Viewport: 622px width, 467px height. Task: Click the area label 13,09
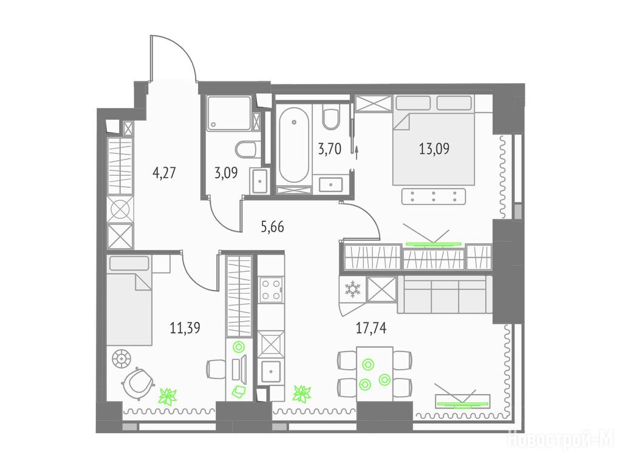434,150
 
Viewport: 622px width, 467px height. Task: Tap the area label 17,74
371,328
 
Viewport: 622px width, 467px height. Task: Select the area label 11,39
185,328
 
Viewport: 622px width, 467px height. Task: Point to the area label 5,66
273,227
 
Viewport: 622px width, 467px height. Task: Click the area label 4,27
164,173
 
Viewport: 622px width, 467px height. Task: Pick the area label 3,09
226,173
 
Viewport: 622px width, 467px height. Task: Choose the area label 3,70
330,150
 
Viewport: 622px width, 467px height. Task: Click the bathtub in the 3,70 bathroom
293,145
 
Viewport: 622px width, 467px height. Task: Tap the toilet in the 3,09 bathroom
247,150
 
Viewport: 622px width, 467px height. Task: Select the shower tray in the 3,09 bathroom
229,112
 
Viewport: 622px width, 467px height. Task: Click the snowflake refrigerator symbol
352,289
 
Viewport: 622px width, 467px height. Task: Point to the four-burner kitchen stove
271,289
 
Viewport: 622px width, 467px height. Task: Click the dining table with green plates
374,374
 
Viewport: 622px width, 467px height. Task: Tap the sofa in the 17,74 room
445,294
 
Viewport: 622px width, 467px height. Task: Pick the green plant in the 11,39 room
168,396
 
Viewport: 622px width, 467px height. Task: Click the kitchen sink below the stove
270,372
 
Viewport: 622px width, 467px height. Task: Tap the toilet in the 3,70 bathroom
331,116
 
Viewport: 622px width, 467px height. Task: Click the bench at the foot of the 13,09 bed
434,196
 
